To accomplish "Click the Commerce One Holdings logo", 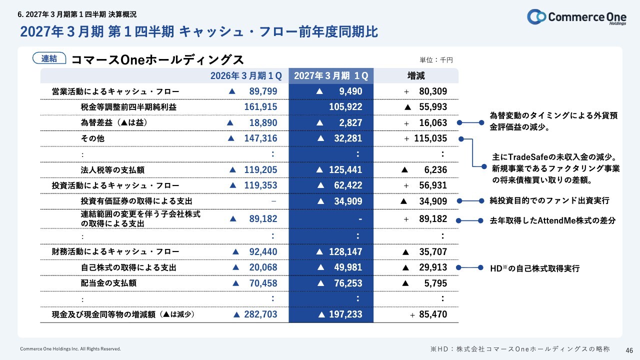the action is pos(576,17).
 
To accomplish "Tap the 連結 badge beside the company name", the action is pos(49,58).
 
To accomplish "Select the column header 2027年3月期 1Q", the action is pos(331,75).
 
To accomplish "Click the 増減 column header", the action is pos(416,75).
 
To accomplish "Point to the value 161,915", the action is pos(260,107).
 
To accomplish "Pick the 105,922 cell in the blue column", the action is pos(345,107).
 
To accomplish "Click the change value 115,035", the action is pos(430,138).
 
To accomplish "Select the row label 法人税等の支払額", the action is pos(112,170).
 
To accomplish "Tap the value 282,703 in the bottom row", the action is pos(260,314).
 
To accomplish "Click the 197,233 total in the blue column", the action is pos(345,314).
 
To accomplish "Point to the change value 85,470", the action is pos(433,314).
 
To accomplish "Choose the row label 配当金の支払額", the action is pos(108,283).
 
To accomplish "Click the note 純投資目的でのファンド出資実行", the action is pos(549,200).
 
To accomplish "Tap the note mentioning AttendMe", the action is pos(552,220).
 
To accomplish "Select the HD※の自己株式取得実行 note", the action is pos(534,268).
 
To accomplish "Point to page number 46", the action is pos(629,350).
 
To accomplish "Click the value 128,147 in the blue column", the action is pos(345,251).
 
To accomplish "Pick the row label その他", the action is pos(92,138).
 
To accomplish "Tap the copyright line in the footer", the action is pos(70,349).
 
